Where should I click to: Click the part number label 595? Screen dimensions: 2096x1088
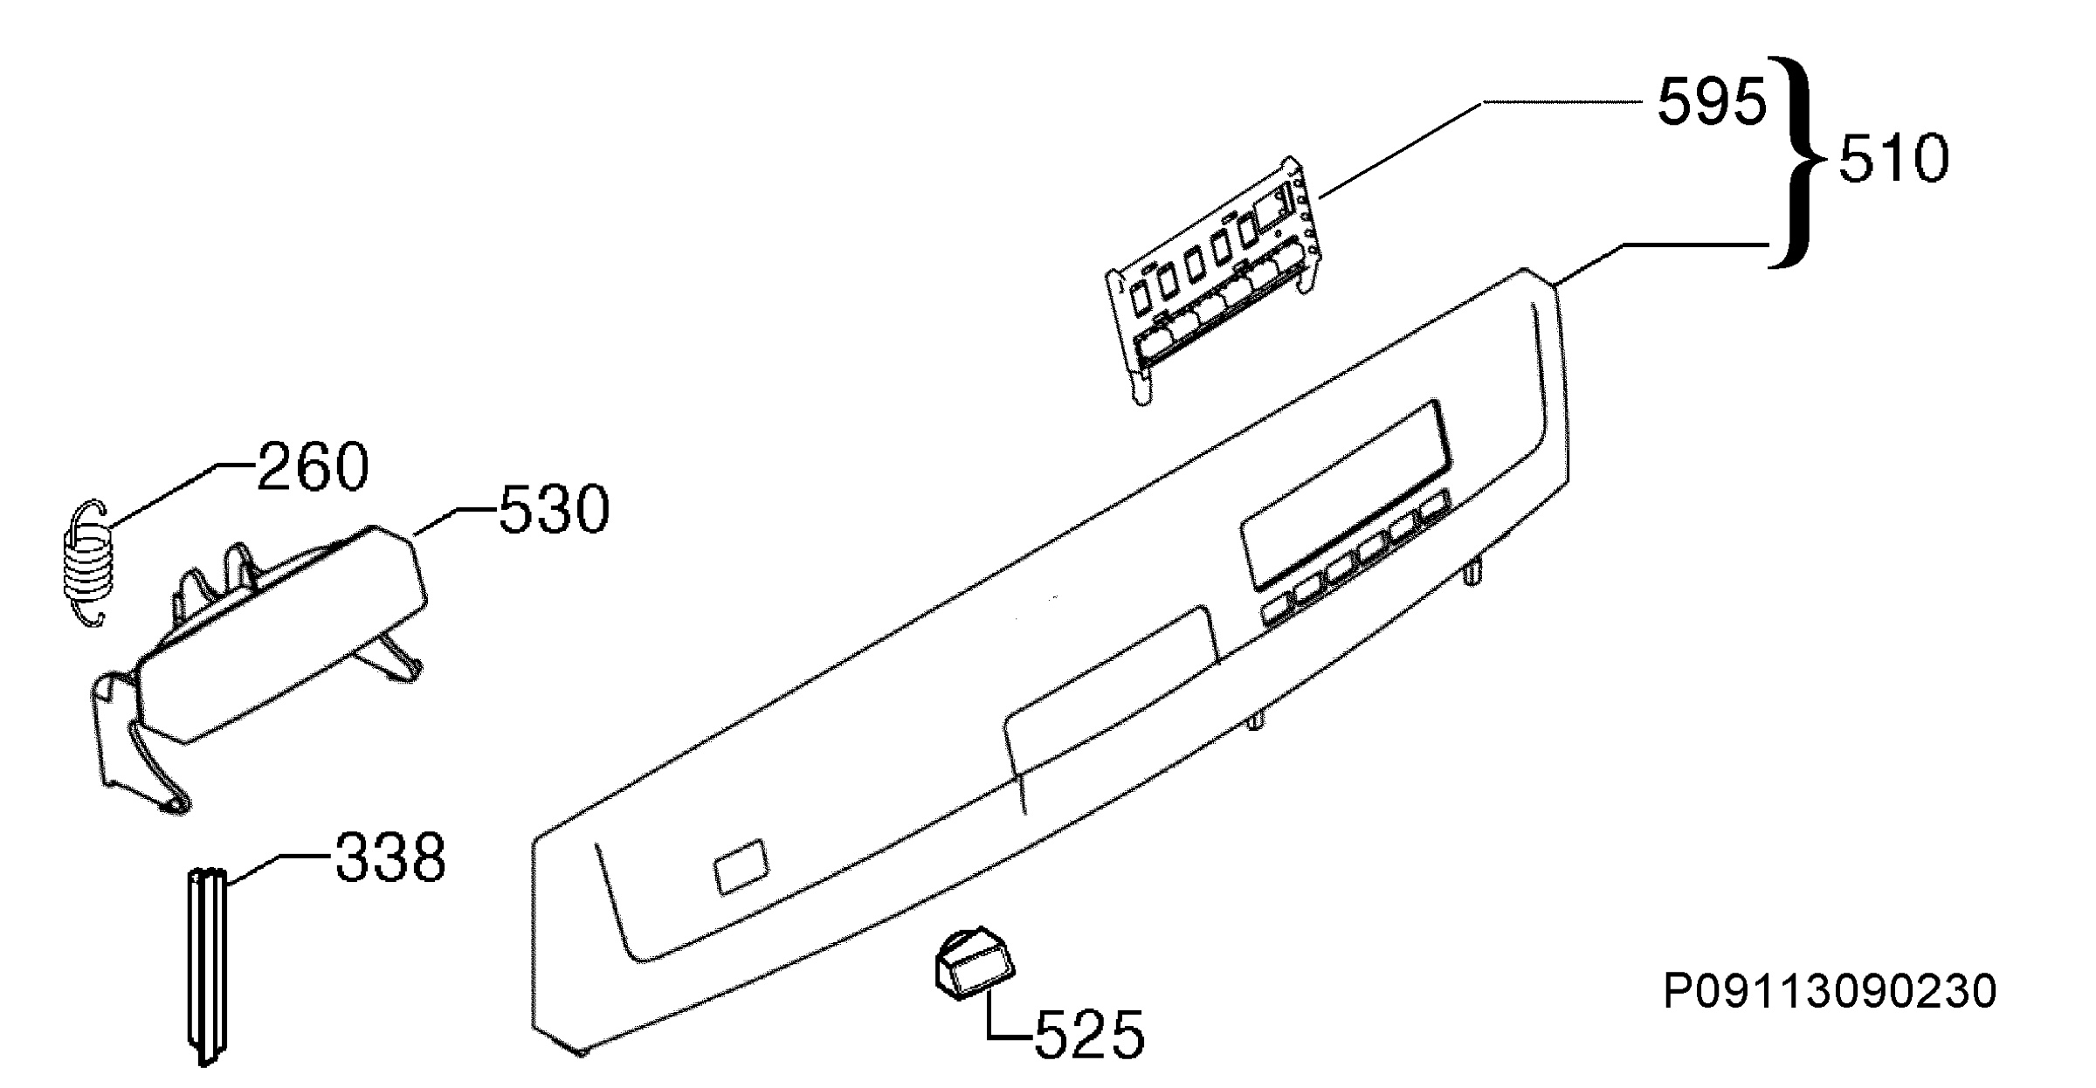(x=1711, y=102)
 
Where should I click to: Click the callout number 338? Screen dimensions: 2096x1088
(x=390, y=857)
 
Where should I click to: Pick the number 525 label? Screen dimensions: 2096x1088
(x=1088, y=1035)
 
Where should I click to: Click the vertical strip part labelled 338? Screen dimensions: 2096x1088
(x=207, y=965)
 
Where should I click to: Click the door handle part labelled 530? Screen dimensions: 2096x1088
(x=259, y=664)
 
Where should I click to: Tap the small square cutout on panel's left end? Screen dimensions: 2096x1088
(x=741, y=866)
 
